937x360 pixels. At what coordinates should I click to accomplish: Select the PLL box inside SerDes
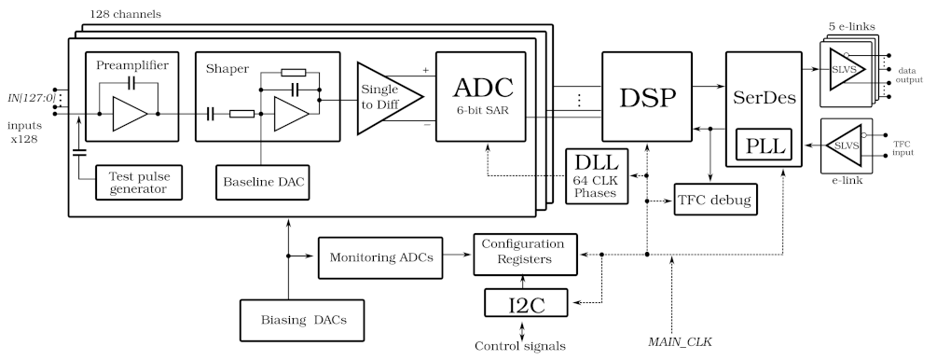click(x=761, y=145)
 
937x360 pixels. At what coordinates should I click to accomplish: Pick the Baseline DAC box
click(x=261, y=182)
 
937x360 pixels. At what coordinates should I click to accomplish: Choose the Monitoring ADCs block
click(x=381, y=257)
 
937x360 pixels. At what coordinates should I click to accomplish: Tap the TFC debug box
click(x=714, y=199)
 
